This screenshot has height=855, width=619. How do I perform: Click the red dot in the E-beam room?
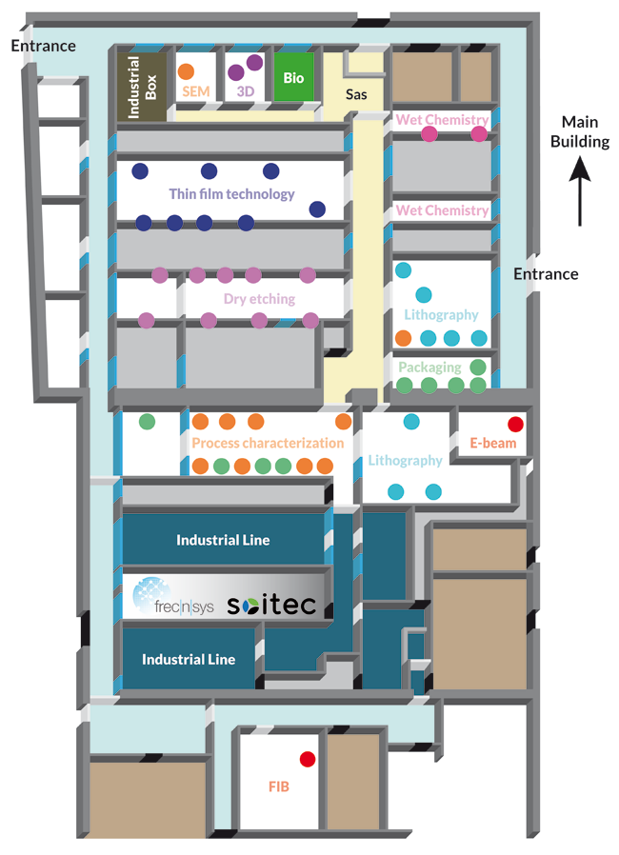point(515,424)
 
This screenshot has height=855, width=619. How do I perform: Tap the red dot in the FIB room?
point(307,759)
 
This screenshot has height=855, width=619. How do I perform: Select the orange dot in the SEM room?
point(187,70)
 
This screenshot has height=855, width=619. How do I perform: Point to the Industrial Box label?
point(142,87)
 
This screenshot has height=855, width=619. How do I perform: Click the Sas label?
point(356,94)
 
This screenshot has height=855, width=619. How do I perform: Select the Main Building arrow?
point(580,194)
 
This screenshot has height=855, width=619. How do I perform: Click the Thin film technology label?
point(231,193)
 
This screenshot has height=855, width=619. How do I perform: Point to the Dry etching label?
point(259,298)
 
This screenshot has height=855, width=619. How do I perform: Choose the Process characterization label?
point(268,443)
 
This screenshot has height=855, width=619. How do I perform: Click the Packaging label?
point(429,367)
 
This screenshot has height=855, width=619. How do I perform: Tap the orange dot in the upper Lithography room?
point(403,337)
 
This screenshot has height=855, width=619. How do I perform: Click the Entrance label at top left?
point(43,46)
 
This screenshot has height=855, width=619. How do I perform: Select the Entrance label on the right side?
point(546,274)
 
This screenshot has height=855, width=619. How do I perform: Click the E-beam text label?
point(492,444)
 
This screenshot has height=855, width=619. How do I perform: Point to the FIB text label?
point(278,787)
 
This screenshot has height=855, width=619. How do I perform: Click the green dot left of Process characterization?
point(147,421)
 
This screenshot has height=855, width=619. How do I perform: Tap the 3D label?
point(246,92)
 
